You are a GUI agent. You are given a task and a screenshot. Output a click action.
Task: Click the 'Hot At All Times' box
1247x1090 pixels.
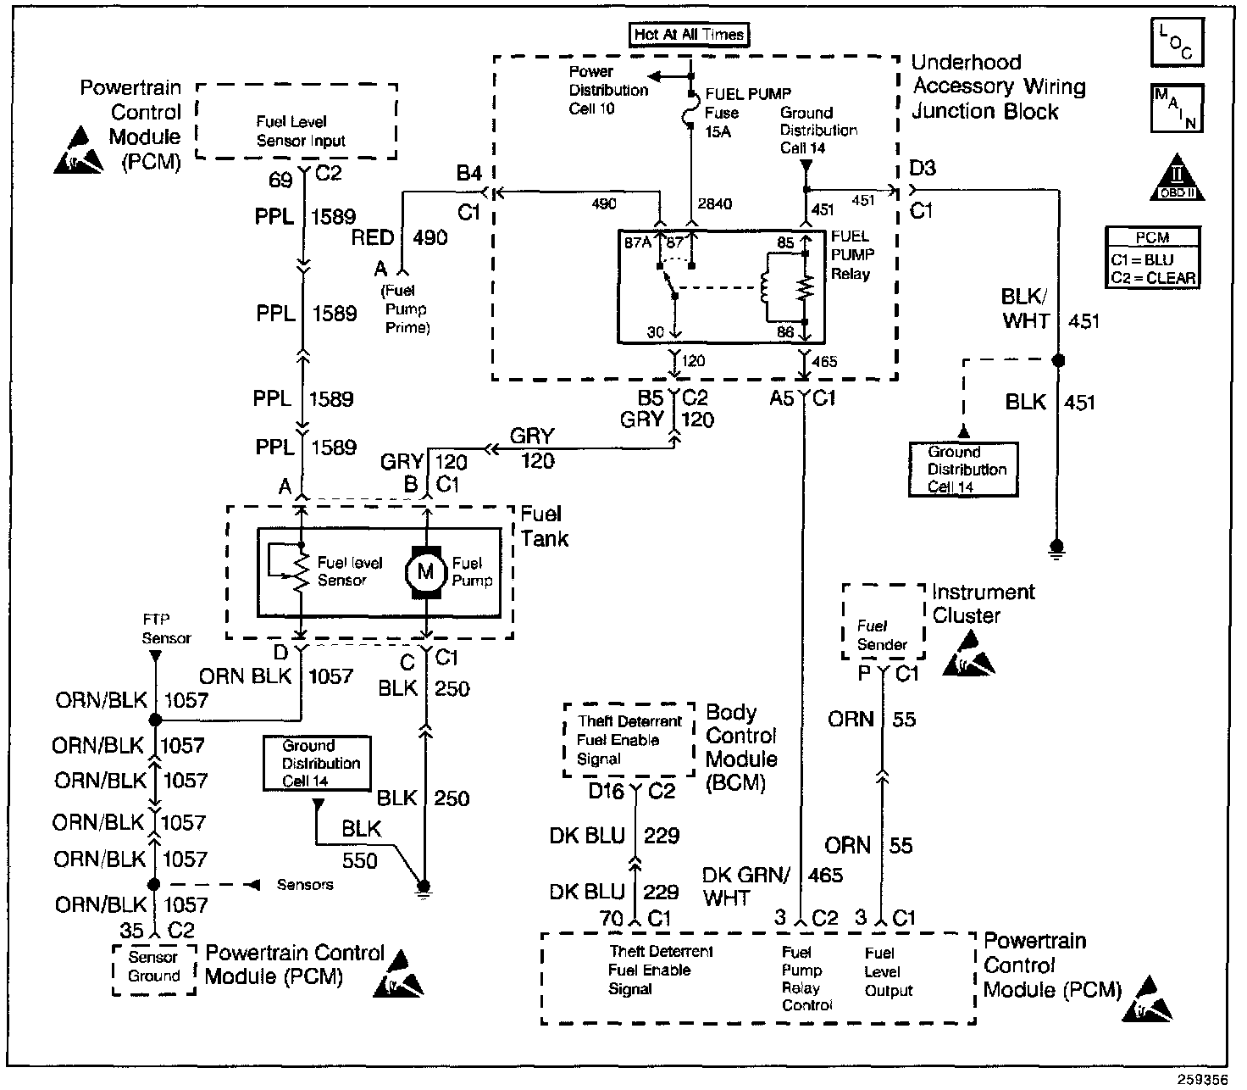tap(690, 35)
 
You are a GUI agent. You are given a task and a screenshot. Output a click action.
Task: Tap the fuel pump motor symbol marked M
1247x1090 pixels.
tap(426, 572)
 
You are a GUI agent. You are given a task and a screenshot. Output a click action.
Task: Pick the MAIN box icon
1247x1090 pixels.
tap(1177, 108)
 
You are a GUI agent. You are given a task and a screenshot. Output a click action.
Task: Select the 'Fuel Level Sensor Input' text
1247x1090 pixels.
tap(300, 132)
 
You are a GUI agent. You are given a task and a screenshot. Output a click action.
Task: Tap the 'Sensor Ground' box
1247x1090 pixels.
tap(153, 967)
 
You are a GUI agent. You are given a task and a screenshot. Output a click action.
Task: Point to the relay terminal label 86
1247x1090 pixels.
tap(785, 332)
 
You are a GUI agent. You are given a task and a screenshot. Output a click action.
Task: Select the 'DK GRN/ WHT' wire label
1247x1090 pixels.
tap(745, 886)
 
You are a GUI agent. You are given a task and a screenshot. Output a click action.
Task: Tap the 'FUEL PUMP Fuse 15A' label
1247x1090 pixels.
tap(733, 113)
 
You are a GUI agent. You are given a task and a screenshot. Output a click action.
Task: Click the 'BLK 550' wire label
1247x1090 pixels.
tap(360, 844)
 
